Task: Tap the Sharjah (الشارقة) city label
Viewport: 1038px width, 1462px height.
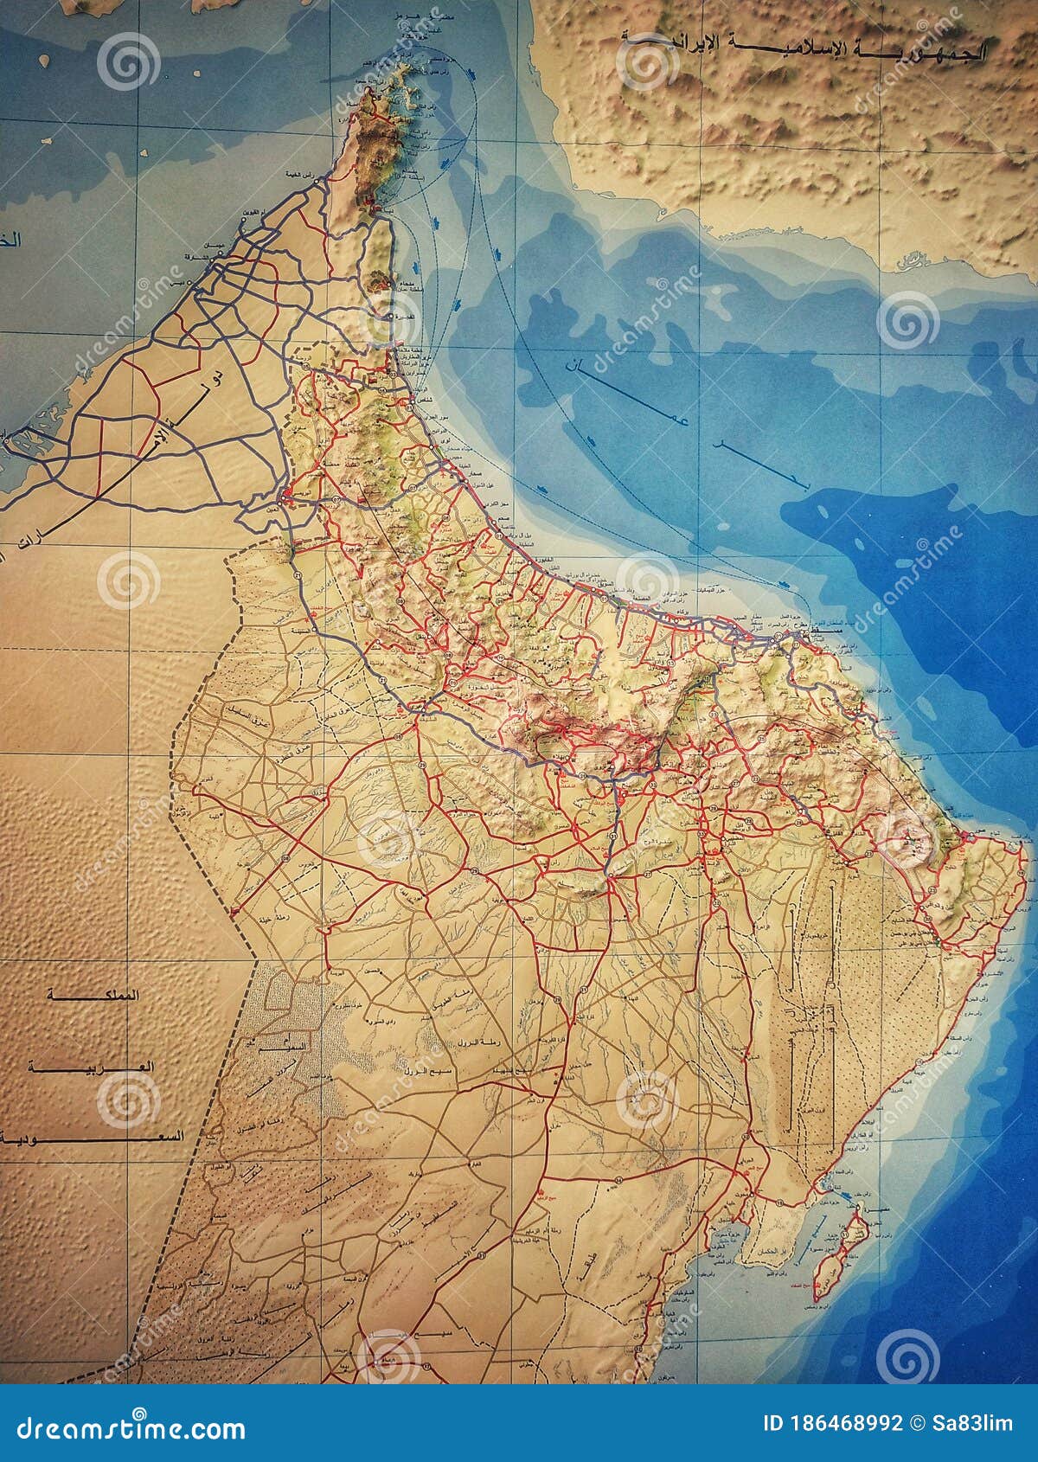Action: (x=192, y=259)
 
